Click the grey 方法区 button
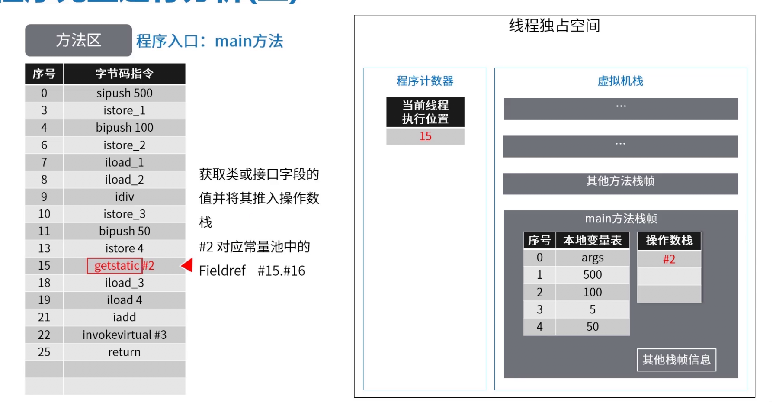coord(78,40)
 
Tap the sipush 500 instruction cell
coord(124,93)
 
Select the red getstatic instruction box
coord(115,266)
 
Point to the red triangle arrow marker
coord(187,265)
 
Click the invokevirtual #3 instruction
coord(124,335)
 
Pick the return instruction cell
coord(124,352)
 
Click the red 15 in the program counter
coord(425,136)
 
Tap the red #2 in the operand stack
coord(669,259)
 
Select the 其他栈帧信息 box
coord(676,360)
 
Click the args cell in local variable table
coord(592,258)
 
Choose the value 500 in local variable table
coord(592,275)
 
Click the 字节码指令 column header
coord(124,74)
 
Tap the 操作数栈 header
coord(669,240)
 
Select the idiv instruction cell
coord(124,197)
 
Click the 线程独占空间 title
coord(554,26)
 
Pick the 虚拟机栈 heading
coord(620,81)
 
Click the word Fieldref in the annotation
coord(222,271)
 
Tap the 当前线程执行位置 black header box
coord(425,112)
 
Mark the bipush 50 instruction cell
coord(124,231)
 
